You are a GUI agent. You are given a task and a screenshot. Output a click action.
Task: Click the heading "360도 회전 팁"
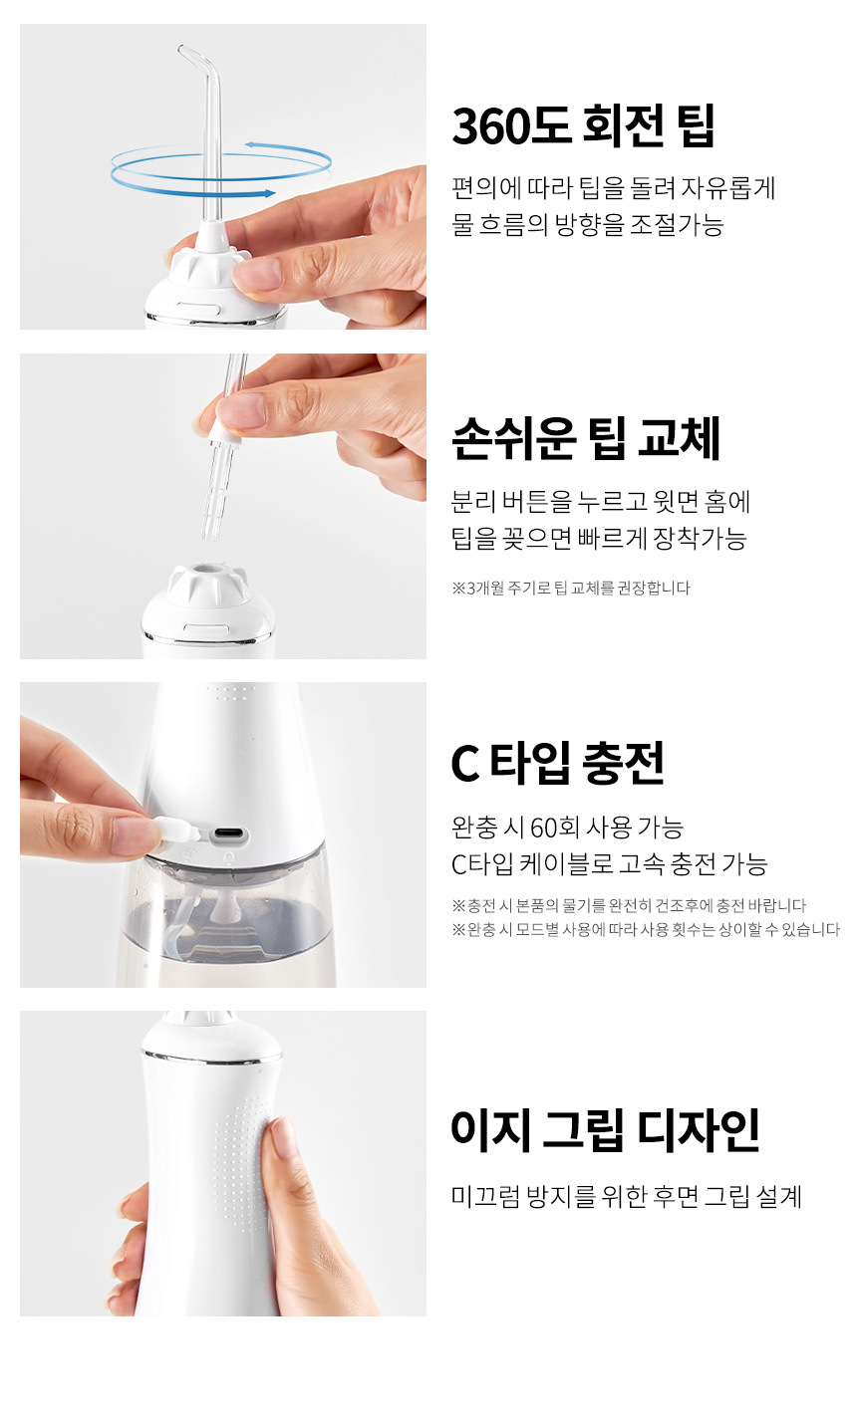(x=583, y=126)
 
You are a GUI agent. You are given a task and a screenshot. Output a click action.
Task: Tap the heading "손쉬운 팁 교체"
(x=586, y=438)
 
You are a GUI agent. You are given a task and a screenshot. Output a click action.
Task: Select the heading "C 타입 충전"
(x=557, y=763)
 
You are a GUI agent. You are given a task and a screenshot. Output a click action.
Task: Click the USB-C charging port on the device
(x=229, y=833)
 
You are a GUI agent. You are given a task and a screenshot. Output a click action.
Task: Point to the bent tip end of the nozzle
(x=182, y=49)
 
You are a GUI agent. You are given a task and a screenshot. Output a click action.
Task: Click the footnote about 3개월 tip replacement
(x=571, y=588)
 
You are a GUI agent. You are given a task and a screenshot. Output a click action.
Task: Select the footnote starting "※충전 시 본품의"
(x=629, y=905)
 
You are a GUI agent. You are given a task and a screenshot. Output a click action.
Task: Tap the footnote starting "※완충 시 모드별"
(x=646, y=929)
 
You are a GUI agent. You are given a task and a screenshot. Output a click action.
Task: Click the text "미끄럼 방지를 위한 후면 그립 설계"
(x=627, y=1196)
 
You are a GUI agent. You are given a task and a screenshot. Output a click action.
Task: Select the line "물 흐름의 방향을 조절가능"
(x=588, y=224)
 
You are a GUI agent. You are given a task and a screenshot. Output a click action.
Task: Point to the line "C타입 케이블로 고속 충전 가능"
(x=610, y=864)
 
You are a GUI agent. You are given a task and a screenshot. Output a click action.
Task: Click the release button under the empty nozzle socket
(x=206, y=629)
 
